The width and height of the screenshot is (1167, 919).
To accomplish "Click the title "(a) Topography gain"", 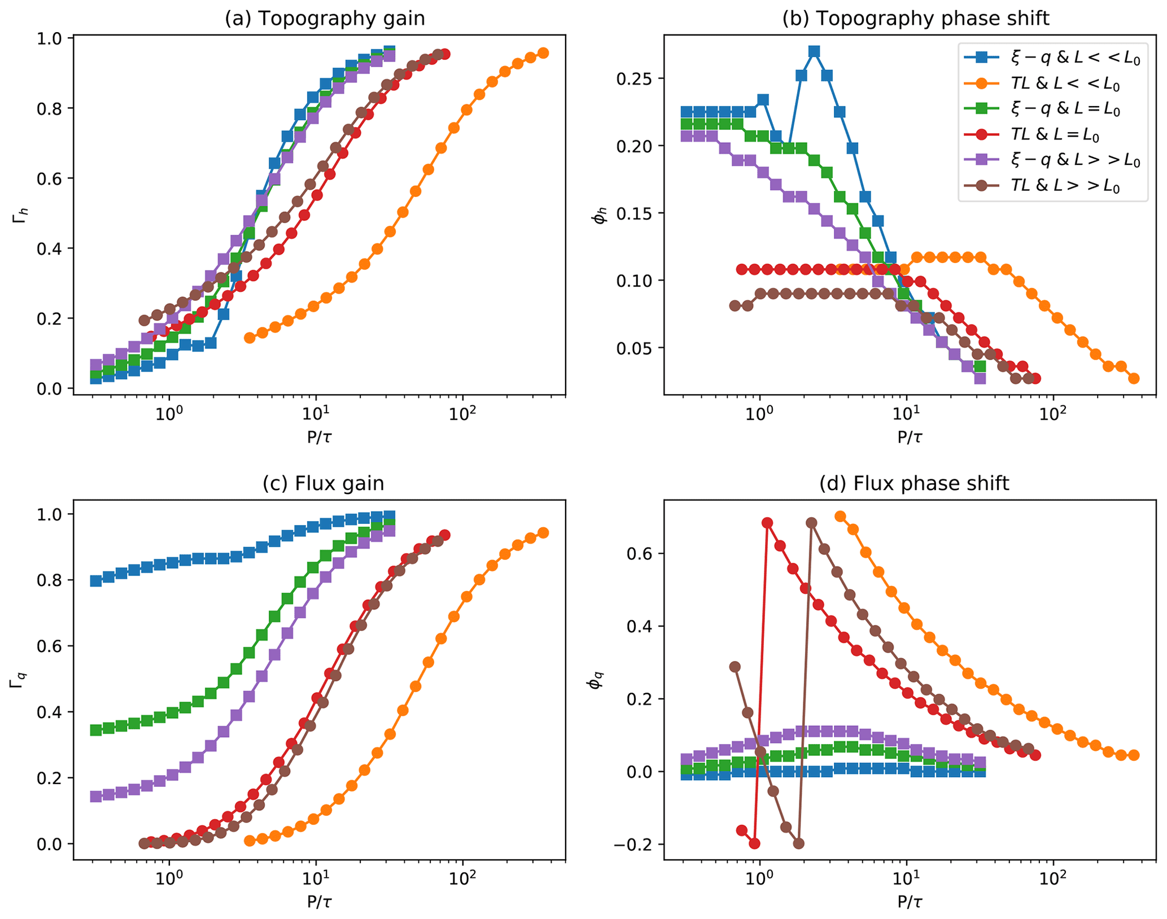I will pos(325,19).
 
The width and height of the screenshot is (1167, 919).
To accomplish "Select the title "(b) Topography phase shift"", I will pos(915,19).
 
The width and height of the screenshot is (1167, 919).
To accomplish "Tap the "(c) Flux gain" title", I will pos(324,484).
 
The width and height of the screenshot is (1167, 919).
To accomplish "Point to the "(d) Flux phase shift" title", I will pos(914,484).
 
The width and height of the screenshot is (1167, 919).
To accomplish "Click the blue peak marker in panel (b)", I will pos(814,52).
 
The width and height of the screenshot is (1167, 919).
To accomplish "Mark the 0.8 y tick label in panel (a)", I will pos(49,108).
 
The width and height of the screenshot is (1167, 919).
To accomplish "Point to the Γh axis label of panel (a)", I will pos(18,215).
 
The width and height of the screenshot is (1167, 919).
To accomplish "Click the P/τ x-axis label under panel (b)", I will pos(910,437).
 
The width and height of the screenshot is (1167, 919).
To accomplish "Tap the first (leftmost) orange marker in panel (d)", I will pos(840,517).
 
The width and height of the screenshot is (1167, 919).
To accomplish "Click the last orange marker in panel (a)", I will pos(543,53).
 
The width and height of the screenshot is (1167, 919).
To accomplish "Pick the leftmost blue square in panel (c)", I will pos(96,581).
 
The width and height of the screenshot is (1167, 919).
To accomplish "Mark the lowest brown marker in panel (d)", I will pos(798,844).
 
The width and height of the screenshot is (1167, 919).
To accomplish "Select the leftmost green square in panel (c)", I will pos(96,730).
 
